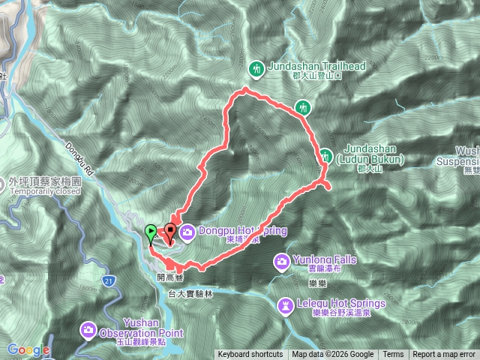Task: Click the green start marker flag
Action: [x=151, y=232]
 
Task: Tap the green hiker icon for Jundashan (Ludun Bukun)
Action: [x=326, y=156]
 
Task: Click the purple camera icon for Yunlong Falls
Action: [x=282, y=261]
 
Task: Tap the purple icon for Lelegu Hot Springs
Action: [x=286, y=305]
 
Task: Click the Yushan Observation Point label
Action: [x=139, y=328]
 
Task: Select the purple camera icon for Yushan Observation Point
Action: [x=88, y=328]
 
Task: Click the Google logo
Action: [x=28, y=349]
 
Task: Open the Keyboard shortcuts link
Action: [x=250, y=355]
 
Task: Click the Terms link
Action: [x=393, y=355]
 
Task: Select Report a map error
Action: [x=444, y=355]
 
